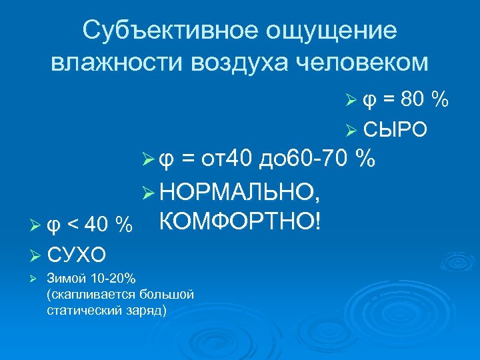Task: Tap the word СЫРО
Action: click(x=395, y=129)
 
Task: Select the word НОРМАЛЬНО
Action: click(x=242, y=192)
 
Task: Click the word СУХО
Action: click(x=77, y=254)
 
